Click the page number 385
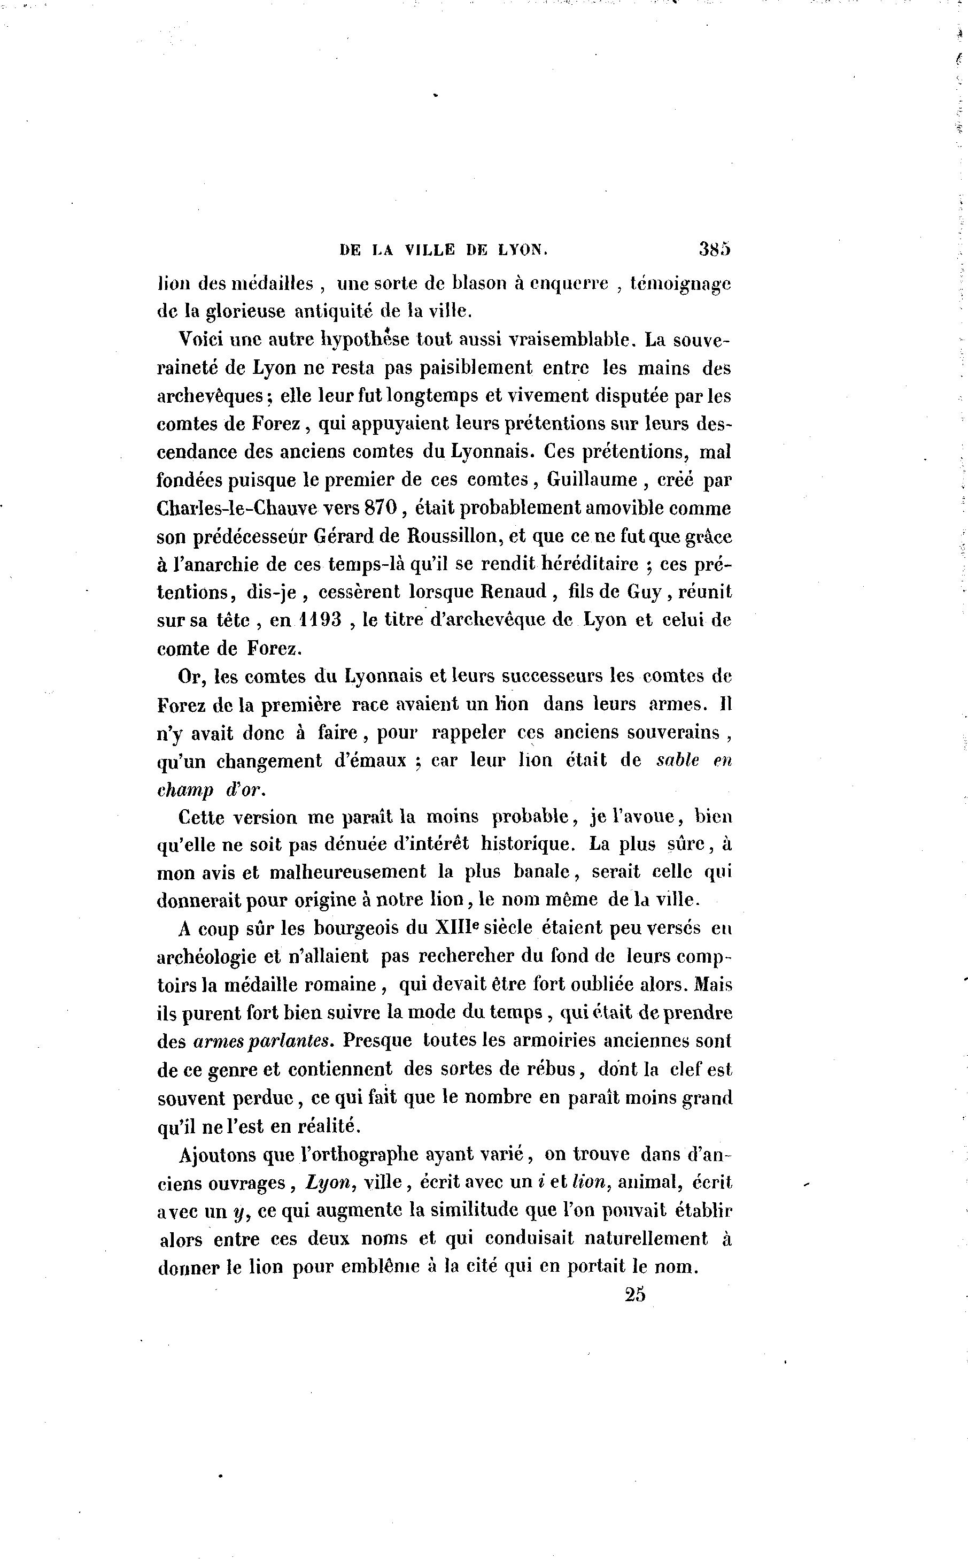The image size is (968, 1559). pos(715,249)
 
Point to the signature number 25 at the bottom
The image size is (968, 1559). pos(635,1294)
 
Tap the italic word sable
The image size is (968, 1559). pos(678,761)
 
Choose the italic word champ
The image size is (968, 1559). pos(184,790)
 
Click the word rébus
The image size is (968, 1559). pos(553,1069)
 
